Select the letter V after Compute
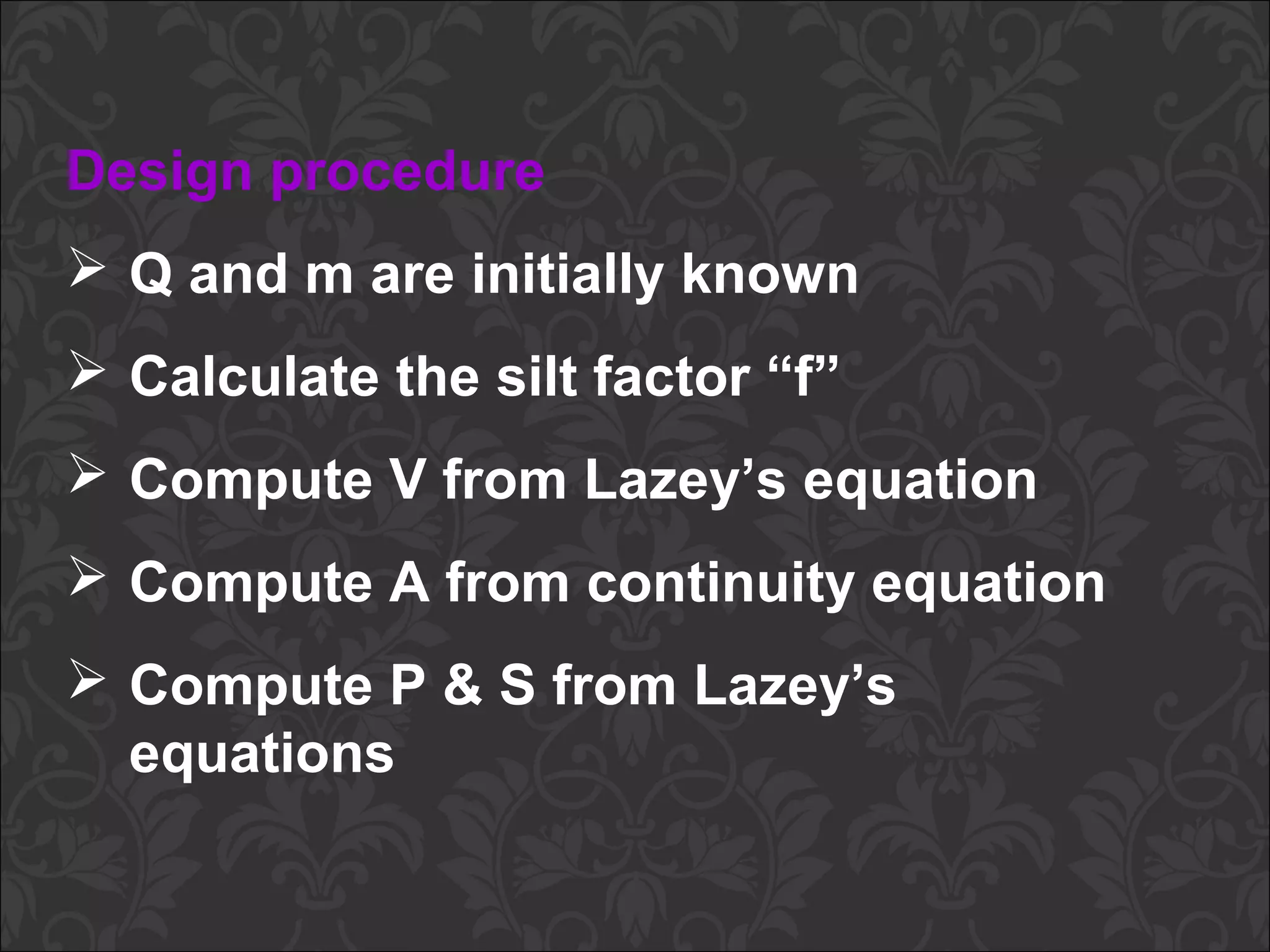tap(406, 480)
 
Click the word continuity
tap(720, 584)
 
